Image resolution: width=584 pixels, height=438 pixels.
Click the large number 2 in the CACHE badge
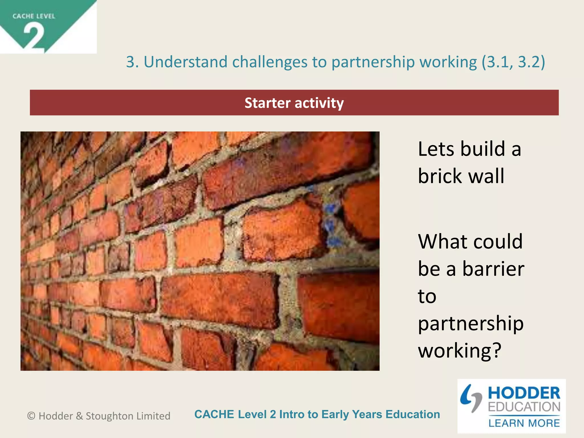click(34, 36)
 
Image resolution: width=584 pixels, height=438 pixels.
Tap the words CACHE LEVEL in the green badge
click(34, 16)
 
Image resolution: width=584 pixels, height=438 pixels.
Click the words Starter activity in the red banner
click(294, 103)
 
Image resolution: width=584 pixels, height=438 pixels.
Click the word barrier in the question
click(493, 269)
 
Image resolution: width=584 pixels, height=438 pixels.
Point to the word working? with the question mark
click(459, 350)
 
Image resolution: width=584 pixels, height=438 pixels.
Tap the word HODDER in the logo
click(524, 393)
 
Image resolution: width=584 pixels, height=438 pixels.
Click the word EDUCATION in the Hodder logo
click(524, 407)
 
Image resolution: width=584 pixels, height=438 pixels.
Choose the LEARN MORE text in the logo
click(524, 423)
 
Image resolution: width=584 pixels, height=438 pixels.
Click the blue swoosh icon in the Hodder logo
click(471, 398)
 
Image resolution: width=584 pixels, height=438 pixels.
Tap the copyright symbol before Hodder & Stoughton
click(31, 416)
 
